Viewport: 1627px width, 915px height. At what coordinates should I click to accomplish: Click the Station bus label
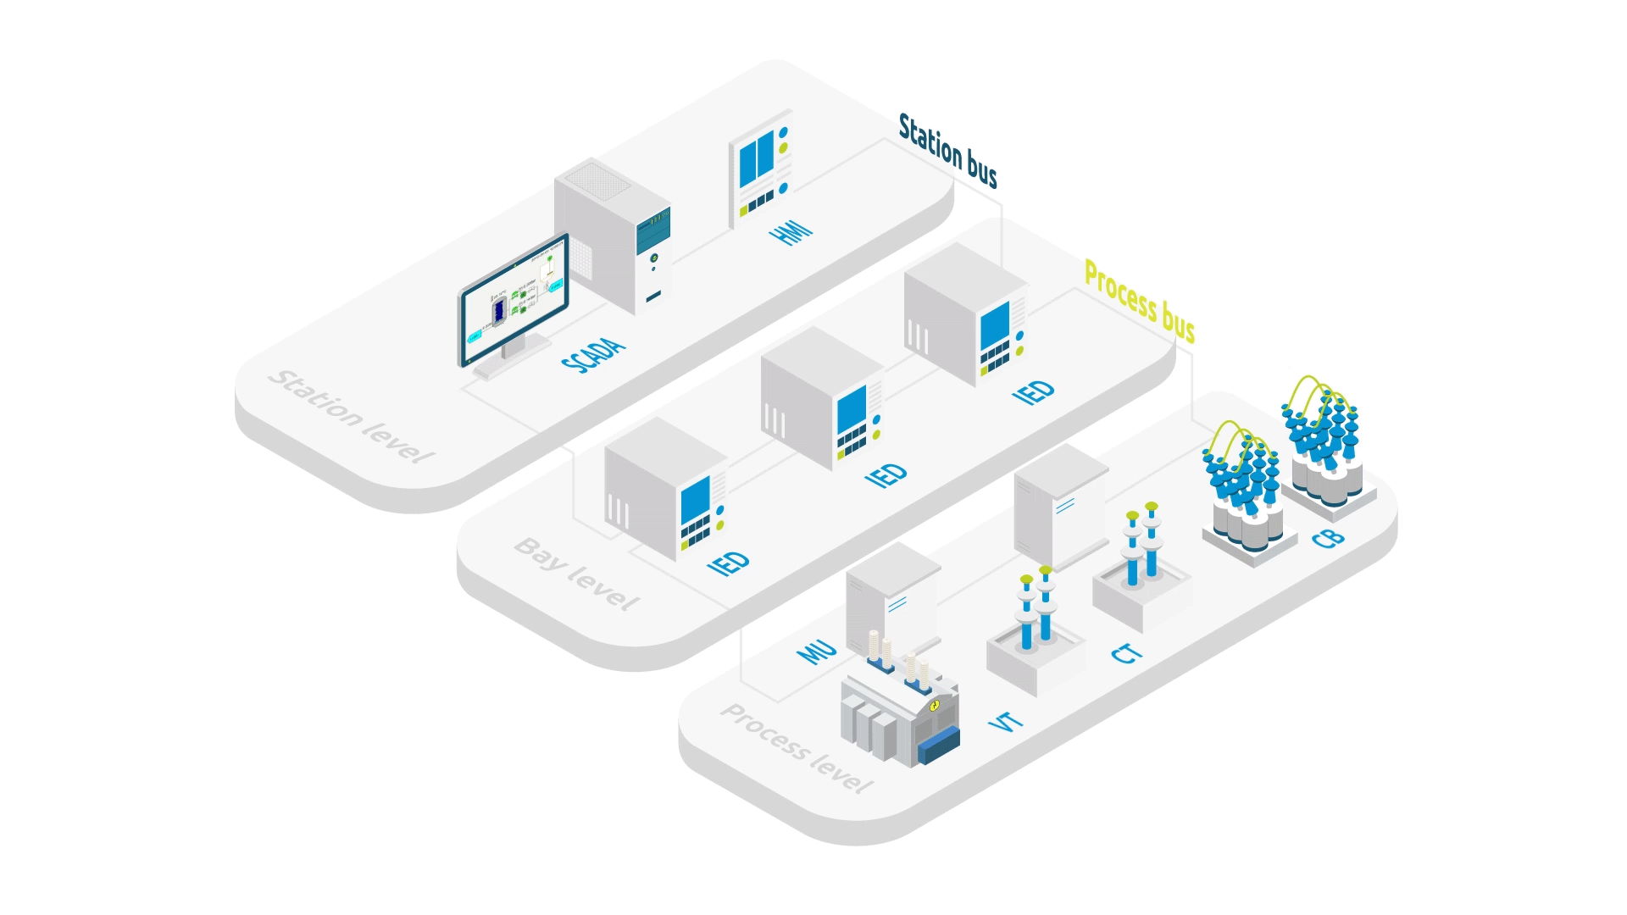point(947,151)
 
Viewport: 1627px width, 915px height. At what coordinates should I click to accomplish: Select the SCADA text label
point(593,354)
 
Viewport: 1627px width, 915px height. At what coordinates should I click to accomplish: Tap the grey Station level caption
point(350,416)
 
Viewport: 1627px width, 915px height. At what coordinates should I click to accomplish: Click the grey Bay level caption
point(576,574)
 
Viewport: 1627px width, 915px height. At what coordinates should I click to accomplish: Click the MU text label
point(817,651)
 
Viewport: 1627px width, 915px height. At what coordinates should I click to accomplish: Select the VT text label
point(1006,722)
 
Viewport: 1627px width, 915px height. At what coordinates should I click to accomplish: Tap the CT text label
point(1127,652)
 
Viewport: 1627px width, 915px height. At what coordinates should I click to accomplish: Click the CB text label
point(1328,537)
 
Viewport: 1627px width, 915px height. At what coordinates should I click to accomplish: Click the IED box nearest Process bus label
point(965,315)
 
